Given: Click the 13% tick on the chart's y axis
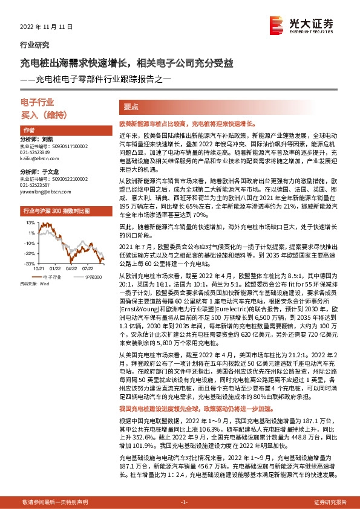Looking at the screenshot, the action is [x=30, y=223].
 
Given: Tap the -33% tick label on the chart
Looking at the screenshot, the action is [x=29, y=264].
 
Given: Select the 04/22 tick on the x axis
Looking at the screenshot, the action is [x=71, y=268].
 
